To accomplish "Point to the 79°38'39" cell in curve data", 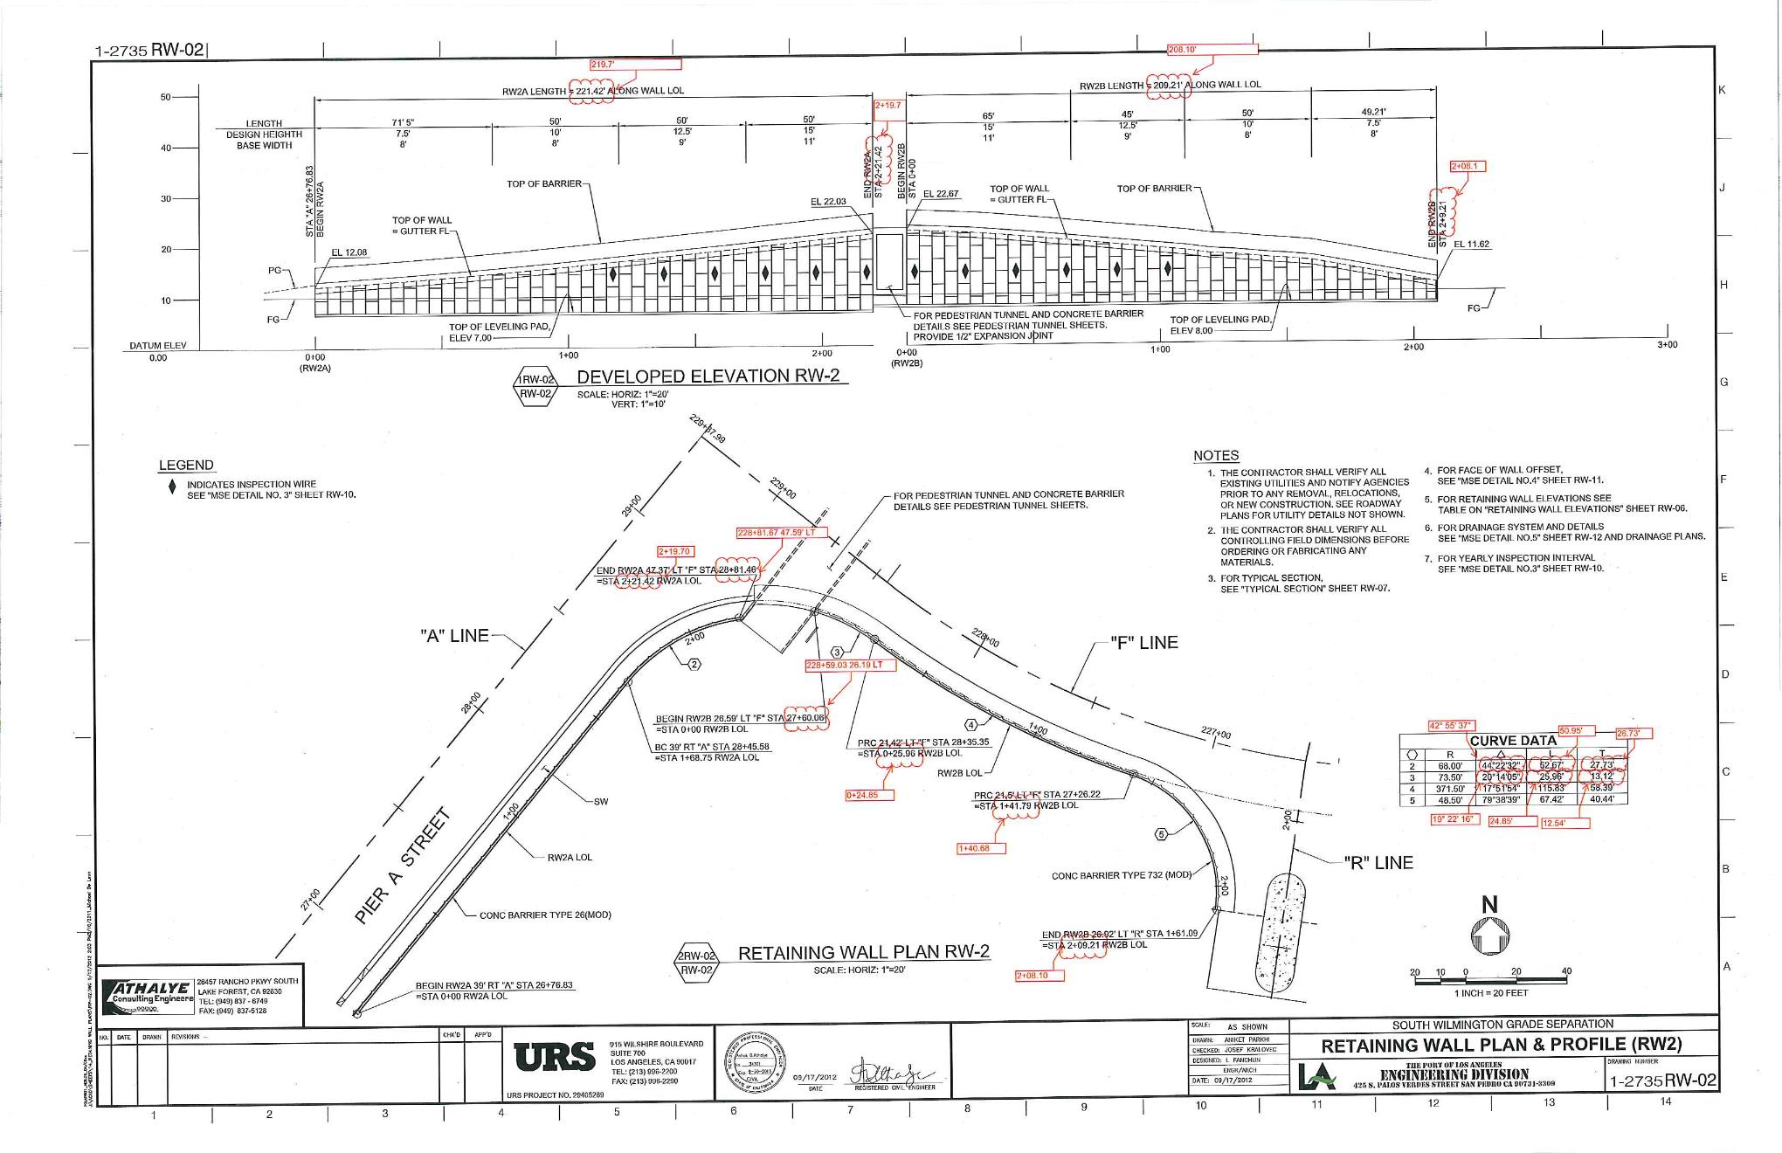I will coord(1501,799).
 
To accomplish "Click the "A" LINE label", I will coord(455,636).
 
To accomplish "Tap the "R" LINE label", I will coord(1378,863).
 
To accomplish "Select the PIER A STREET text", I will coord(403,867).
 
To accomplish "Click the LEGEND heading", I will coord(186,466).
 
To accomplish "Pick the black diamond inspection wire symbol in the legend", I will coord(172,487).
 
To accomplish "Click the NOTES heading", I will coord(1216,456).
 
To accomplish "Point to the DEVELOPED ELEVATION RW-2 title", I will coord(708,376).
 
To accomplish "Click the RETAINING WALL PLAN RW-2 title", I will coord(864,953).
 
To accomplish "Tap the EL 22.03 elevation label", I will coord(828,202).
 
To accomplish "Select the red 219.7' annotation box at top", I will coord(636,65).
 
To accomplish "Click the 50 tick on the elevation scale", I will coord(166,97).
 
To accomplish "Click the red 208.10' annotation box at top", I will coord(1212,50).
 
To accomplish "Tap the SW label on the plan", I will coord(601,801).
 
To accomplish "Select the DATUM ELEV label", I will coord(158,346).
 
